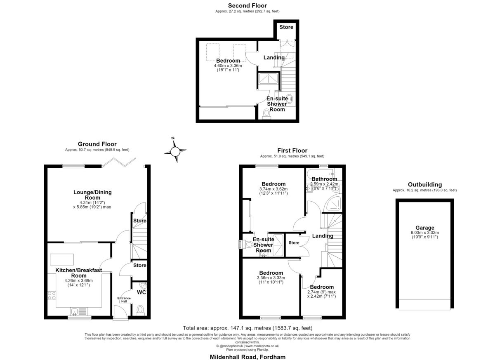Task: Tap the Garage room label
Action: coord(425,228)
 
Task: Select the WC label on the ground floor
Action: coord(141,292)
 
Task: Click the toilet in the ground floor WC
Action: coord(140,310)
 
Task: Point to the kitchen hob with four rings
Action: coord(52,296)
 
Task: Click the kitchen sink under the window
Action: coord(79,311)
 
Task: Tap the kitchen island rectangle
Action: coord(62,259)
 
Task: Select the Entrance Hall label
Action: coord(124,300)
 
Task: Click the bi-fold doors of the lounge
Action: coord(119,162)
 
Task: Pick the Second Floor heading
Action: coord(247,5)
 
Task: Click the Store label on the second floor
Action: coord(286,27)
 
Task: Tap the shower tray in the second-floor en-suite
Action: coord(269,79)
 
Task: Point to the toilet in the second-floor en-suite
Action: coord(266,114)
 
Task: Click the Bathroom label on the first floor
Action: coord(324,179)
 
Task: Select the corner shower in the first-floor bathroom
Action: coord(332,204)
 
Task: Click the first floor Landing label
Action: coord(323,236)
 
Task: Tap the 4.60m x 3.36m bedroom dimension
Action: coord(228,66)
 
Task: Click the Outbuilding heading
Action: coord(425,184)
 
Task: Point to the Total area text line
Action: coord(247,328)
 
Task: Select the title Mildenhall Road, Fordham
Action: coord(247,357)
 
